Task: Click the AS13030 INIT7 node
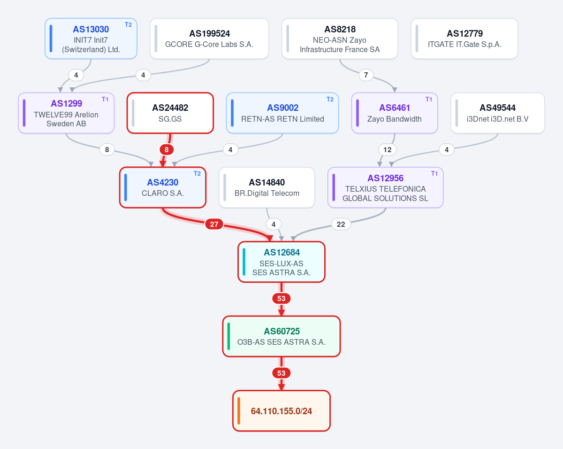pyautogui.click(x=91, y=39)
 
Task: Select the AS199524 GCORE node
pyautogui.click(x=209, y=39)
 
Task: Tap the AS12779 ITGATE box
pyautogui.click(x=464, y=39)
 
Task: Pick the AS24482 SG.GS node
pyautogui.click(x=170, y=113)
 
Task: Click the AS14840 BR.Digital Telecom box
pyautogui.click(x=267, y=187)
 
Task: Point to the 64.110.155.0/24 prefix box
pyautogui.click(x=281, y=411)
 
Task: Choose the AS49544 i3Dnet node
pyautogui.click(x=498, y=113)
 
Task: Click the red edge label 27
pyautogui.click(x=214, y=224)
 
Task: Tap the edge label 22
pyautogui.click(x=341, y=224)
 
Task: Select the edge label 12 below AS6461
pyautogui.click(x=388, y=149)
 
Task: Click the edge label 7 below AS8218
pyautogui.click(x=366, y=75)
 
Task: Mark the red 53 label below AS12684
pyautogui.click(x=281, y=298)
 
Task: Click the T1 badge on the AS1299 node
pyautogui.click(x=105, y=99)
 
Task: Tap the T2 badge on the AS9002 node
pyautogui.click(x=330, y=99)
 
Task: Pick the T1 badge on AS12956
pyautogui.click(x=434, y=173)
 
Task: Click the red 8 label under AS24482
pyautogui.click(x=167, y=149)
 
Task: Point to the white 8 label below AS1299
pyautogui.click(x=107, y=149)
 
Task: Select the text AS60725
pyautogui.click(x=281, y=331)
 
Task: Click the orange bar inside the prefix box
pyautogui.click(x=239, y=411)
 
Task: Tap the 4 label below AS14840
pyautogui.click(x=274, y=224)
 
